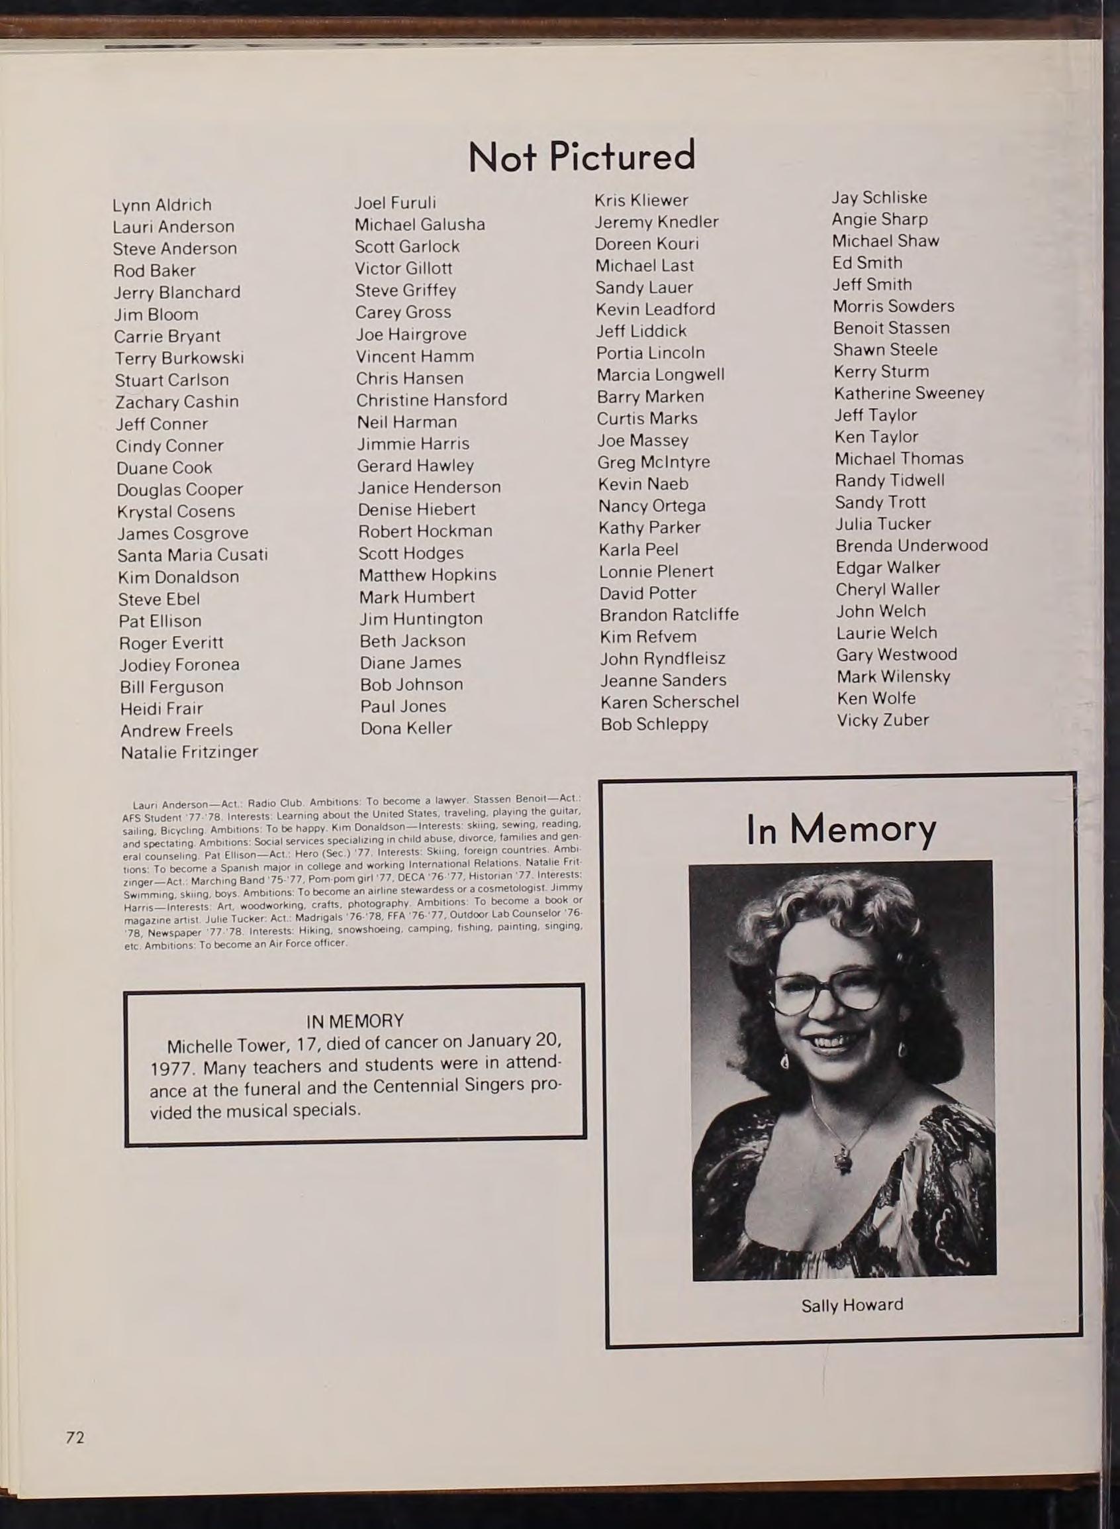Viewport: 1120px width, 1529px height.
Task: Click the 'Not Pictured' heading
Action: pos(582,156)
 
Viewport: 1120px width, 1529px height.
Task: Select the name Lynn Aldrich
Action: pos(162,205)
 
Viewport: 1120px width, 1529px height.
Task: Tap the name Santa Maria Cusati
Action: pos(193,555)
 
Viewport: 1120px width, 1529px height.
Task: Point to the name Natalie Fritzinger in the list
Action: pos(189,752)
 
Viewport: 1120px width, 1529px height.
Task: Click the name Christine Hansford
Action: pos(432,399)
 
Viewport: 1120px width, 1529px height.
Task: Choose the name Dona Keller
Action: pos(406,728)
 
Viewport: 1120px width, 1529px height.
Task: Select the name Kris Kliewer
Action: pos(641,200)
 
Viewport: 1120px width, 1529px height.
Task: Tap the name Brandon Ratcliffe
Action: pos(669,615)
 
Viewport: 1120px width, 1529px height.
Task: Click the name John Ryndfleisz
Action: pos(663,659)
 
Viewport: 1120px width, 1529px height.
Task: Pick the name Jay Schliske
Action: pos(879,197)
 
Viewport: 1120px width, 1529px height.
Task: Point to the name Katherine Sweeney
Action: pos(909,394)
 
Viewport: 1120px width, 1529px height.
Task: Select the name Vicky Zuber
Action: pos(883,719)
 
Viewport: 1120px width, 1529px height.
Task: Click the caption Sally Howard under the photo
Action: pos(852,1304)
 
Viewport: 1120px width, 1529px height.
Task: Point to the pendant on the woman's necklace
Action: pos(843,1159)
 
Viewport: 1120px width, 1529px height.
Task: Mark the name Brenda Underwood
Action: pos(912,545)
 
